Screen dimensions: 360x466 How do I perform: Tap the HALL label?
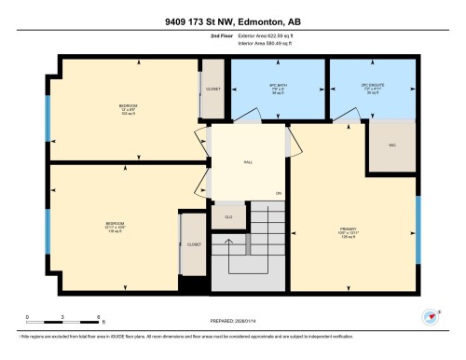[x=248, y=161]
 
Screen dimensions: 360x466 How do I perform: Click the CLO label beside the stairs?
[x=226, y=216]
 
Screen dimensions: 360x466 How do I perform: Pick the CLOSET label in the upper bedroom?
[x=212, y=89]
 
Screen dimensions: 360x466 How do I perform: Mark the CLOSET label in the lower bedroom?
[x=193, y=244]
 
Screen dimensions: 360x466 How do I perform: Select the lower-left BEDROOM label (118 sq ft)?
[x=115, y=226]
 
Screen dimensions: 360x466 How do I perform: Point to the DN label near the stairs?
[x=278, y=194]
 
